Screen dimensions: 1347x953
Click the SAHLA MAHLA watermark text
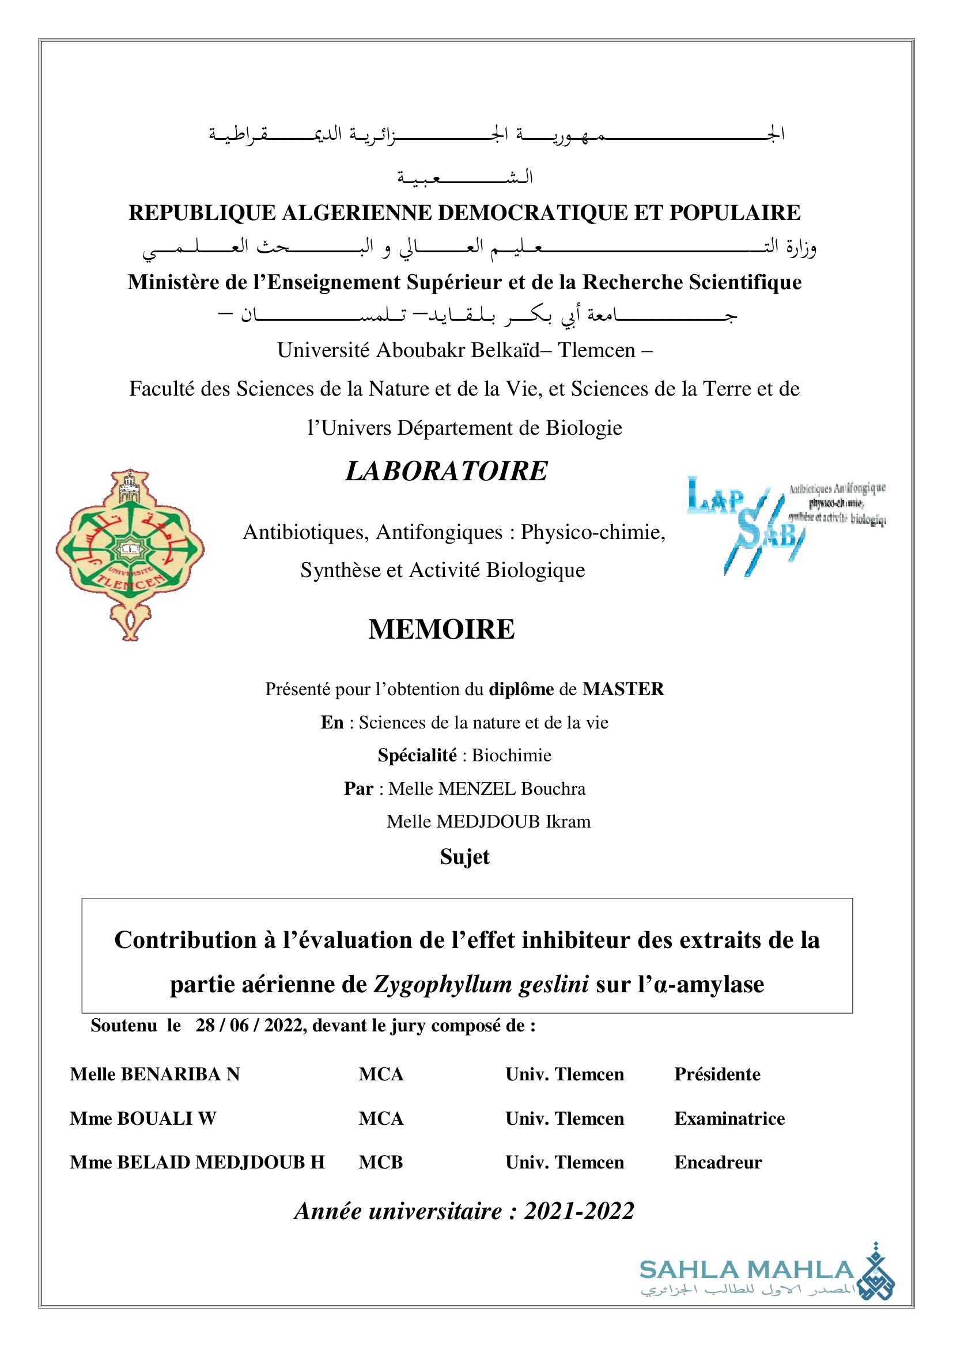(746, 1270)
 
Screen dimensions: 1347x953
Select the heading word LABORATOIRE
(447, 471)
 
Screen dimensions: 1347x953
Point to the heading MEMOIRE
(441, 629)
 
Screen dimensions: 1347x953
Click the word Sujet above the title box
(464, 857)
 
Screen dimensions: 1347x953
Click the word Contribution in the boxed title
(186, 940)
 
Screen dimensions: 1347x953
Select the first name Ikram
(568, 821)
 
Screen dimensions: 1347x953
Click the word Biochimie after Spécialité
(511, 755)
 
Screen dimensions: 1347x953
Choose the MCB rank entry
(381, 1162)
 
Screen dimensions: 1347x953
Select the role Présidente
(717, 1074)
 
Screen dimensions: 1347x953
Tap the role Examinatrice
(729, 1118)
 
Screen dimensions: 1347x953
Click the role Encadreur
(718, 1162)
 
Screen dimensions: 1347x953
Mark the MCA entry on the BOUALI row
(381, 1118)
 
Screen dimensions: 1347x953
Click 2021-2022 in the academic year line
(579, 1211)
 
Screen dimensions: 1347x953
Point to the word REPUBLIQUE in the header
(202, 213)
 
